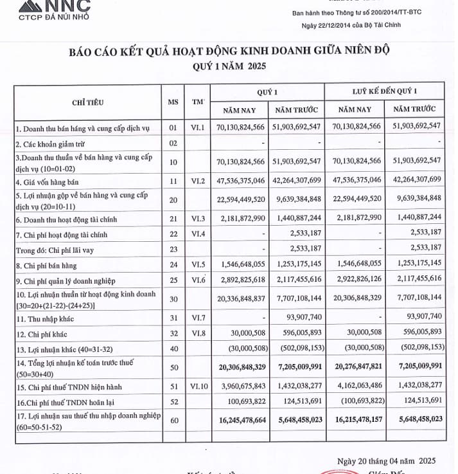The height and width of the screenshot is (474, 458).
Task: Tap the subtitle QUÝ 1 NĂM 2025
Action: (x=228, y=67)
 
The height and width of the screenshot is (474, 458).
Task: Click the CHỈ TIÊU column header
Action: (x=88, y=102)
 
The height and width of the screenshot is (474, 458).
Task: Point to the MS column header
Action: (x=173, y=102)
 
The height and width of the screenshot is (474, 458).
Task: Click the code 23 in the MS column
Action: (x=173, y=247)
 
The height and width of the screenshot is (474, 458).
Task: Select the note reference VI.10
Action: (x=197, y=386)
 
